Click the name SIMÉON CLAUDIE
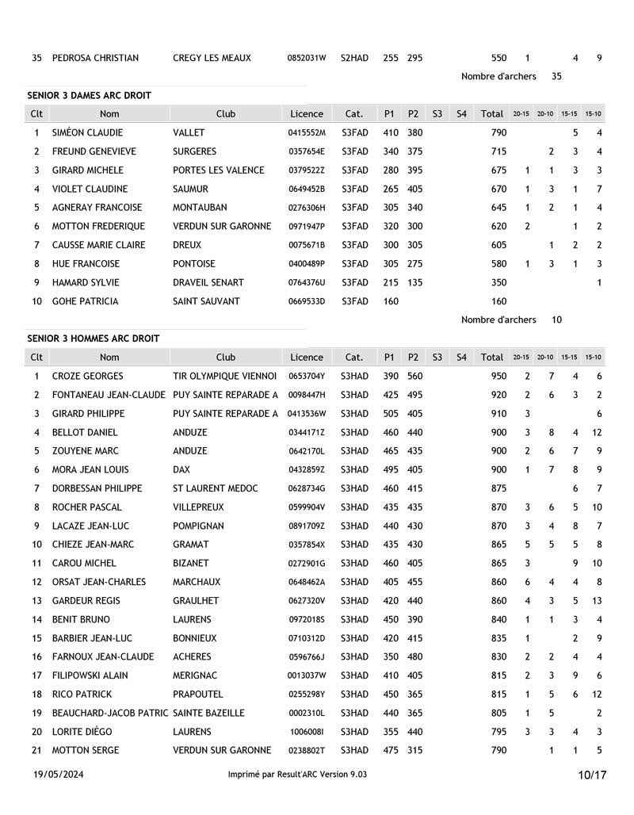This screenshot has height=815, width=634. (87, 132)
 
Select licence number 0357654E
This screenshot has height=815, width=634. (307, 151)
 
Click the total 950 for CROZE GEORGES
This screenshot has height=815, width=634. (498, 376)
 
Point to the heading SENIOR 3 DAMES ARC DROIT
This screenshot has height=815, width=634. (89, 95)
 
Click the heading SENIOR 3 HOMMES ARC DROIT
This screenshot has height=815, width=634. (93, 339)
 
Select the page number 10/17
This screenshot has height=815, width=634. (592, 775)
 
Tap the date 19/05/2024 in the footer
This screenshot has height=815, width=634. (59, 774)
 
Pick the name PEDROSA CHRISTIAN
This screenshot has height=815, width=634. (95, 58)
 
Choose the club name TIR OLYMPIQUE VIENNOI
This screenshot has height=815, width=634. (225, 376)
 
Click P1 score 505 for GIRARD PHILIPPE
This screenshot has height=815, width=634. (389, 413)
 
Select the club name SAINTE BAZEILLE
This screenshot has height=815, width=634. (208, 713)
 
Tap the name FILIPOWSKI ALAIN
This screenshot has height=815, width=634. (90, 675)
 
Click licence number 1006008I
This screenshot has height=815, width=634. (307, 732)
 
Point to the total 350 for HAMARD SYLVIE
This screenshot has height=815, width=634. (498, 282)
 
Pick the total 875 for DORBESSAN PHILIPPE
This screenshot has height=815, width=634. (498, 488)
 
